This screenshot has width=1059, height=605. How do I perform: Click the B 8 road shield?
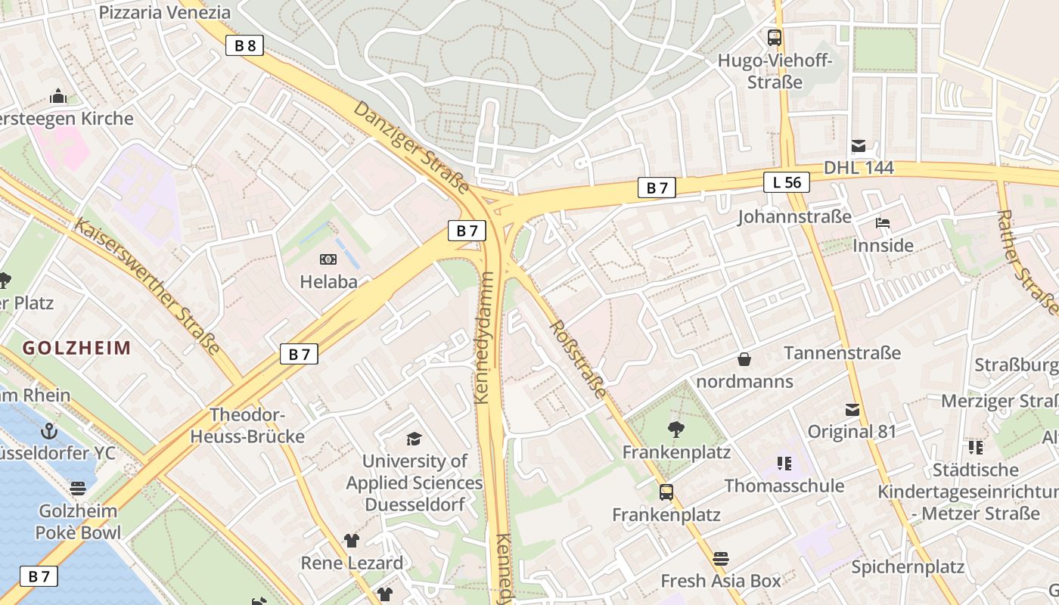click(245, 45)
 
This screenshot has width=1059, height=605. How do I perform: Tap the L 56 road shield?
click(787, 182)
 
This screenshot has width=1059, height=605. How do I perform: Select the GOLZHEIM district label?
click(76, 348)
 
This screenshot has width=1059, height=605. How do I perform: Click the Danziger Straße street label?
click(411, 146)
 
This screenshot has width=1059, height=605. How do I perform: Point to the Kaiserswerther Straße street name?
click(148, 287)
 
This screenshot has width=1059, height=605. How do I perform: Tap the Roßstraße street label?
click(578, 359)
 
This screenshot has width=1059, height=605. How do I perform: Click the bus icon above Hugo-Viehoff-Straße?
click(775, 37)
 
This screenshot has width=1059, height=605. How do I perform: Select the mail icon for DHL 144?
click(859, 146)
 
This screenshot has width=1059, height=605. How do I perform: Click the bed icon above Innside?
click(882, 223)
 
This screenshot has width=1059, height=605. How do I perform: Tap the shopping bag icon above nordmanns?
click(744, 358)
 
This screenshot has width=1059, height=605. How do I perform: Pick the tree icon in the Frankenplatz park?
click(676, 430)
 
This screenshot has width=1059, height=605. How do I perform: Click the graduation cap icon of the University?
click(413, 439)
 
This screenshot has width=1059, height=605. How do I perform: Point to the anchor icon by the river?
click(49, 431)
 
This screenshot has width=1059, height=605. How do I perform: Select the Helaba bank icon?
click(328, 259)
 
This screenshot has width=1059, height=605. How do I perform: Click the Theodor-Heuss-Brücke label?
click(247, 426)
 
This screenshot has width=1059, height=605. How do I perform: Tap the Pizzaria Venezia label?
click(165, 12)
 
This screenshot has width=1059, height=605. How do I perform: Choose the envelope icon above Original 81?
click(852, 410)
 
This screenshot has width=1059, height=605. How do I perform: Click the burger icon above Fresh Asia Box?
click(720, 559)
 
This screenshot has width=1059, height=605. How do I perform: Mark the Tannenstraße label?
click(842, 353)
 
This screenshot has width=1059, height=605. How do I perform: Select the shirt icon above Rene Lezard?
click(352, 540)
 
